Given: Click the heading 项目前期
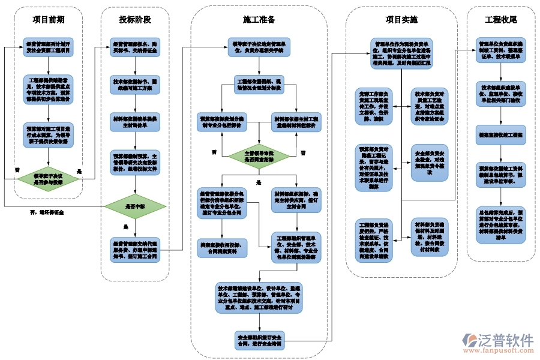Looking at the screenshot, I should pos(48,20).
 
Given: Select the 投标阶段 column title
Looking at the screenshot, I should pos(135,20).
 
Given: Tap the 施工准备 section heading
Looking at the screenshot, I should pos(259,20).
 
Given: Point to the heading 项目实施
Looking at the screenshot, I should pos(401,20).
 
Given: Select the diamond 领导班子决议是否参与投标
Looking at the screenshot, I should pos(48,178).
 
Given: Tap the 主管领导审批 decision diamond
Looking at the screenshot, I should pos(259,157).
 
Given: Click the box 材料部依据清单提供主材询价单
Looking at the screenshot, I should pos(135,122).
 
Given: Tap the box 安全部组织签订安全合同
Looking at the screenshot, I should pos(259,341).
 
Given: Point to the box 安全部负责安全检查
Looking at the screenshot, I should pos(429,162).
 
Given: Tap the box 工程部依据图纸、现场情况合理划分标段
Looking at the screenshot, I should pos(259,85).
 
